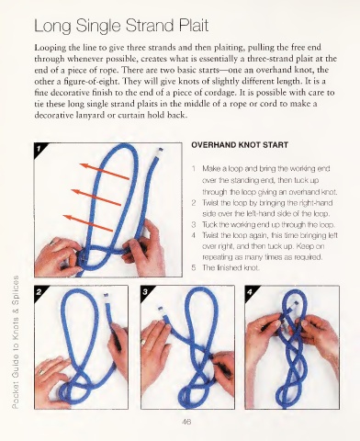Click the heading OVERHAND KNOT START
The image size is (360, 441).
240,145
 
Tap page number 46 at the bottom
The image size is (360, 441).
186,422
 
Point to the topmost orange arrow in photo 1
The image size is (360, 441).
105,172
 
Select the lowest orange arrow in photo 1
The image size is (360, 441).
88,223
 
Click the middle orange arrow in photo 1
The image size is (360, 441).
96,198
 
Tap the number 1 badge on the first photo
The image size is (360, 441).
39,149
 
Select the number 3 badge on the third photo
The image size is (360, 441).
145,292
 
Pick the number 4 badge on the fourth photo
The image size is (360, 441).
250,292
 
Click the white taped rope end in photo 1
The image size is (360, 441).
160,152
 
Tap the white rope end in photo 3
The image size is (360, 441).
162,311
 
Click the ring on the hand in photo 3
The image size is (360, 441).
143,342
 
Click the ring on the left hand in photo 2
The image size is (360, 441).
40,372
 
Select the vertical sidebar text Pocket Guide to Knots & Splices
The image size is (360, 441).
16,342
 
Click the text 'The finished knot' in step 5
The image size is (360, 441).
231,268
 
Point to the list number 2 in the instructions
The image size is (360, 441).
194,203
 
